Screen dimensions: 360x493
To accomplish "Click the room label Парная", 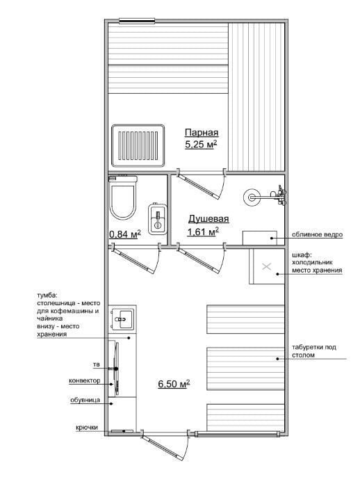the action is click(x=202, y=133).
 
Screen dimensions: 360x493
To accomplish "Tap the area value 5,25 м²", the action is click(x=202, y=145).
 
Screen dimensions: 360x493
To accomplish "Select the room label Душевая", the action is click(x=208, y=219).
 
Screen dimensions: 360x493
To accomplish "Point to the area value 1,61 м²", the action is click(x=203, y=232).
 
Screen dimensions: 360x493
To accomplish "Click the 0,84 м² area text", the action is click(x=124, y=234).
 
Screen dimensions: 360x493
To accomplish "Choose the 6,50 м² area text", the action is click(x=174, y=384).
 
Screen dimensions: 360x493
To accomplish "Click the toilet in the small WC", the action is click(x=122, y=197).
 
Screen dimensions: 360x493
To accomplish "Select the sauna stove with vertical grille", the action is click(x=138, y=145).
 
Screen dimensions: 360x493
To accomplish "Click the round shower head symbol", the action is click(x=252, y=197).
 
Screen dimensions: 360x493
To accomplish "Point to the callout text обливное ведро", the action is click(x=317, y=234).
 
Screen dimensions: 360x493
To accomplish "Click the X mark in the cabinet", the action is click(x=266, y=266).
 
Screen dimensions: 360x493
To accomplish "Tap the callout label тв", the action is click(x=97, y=365).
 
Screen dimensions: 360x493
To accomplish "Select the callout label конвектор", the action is click(x=85, y=380).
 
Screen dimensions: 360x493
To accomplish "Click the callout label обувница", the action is click(x=85, y=400).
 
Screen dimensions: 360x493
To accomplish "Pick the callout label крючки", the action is click(x=87, y=428).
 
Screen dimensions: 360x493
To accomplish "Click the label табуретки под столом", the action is click(x=314, y=351).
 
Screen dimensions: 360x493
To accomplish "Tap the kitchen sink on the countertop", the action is click(x=122, y=319).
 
